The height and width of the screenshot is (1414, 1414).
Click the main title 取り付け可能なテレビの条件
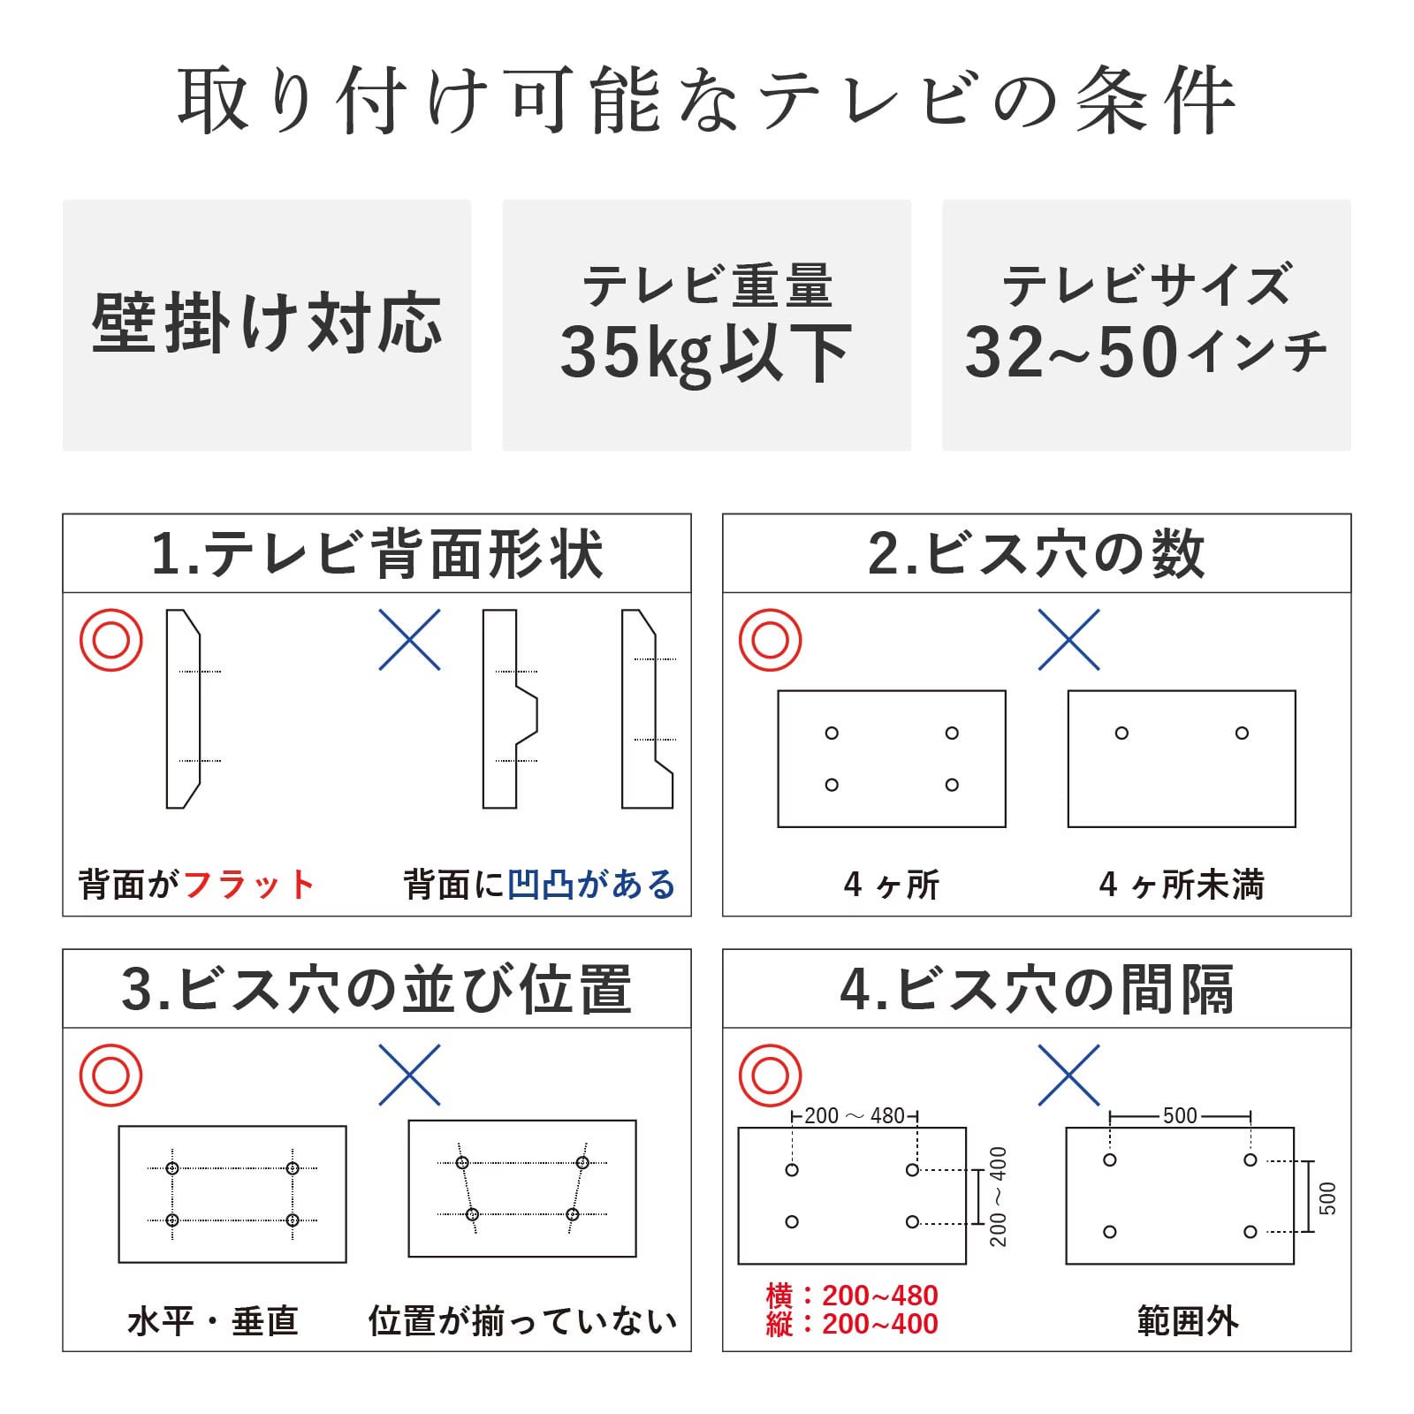point(706,100)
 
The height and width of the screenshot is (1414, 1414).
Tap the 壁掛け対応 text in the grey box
point(267,323)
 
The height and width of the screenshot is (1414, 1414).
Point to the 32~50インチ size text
point(1146,352)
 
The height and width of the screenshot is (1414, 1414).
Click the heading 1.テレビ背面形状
point(377,554)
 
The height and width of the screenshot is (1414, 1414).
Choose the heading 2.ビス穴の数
point(1037,554)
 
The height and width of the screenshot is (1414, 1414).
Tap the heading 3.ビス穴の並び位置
point(377,989)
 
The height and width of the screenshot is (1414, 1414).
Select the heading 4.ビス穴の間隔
point(1037,989)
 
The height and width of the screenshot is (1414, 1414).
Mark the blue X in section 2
point(1069,639)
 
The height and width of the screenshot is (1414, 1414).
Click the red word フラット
point(249,885)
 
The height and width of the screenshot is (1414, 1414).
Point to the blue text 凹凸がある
point(591,885)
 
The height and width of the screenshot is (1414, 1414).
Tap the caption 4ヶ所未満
point(1182,885)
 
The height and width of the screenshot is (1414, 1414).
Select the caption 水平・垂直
point(213,1321)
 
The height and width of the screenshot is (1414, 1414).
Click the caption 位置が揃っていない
point(522,1321)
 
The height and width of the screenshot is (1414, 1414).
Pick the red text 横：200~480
point(852,1296)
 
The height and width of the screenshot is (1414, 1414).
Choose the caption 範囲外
point(1188,1321)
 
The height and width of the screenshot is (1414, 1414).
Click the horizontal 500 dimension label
point(1180,1116)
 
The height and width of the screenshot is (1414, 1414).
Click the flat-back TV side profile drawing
point(183,709)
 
